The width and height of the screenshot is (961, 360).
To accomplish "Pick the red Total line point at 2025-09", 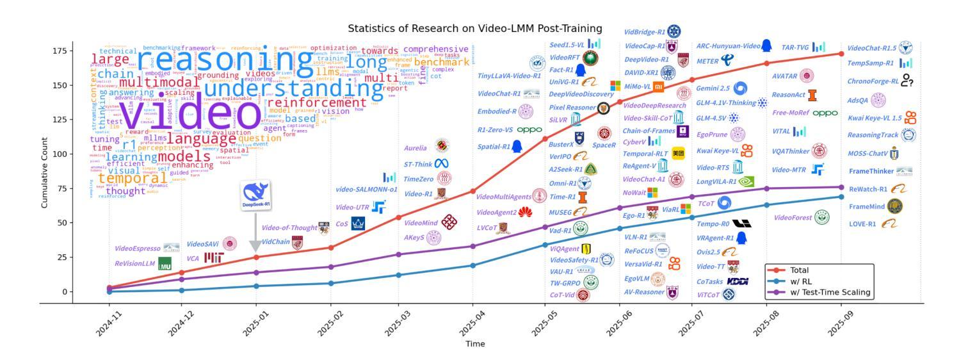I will point(841,54).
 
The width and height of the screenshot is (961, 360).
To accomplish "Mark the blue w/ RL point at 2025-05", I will point(545,245).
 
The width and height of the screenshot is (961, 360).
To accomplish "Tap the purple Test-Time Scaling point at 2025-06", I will point(619,208).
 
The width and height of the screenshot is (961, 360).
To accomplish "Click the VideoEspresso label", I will point(138,249).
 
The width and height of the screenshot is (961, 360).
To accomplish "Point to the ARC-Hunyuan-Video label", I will point(727,46).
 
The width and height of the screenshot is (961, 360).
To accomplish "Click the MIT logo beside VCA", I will point(213,258).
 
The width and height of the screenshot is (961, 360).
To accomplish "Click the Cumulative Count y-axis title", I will point(45,173).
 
